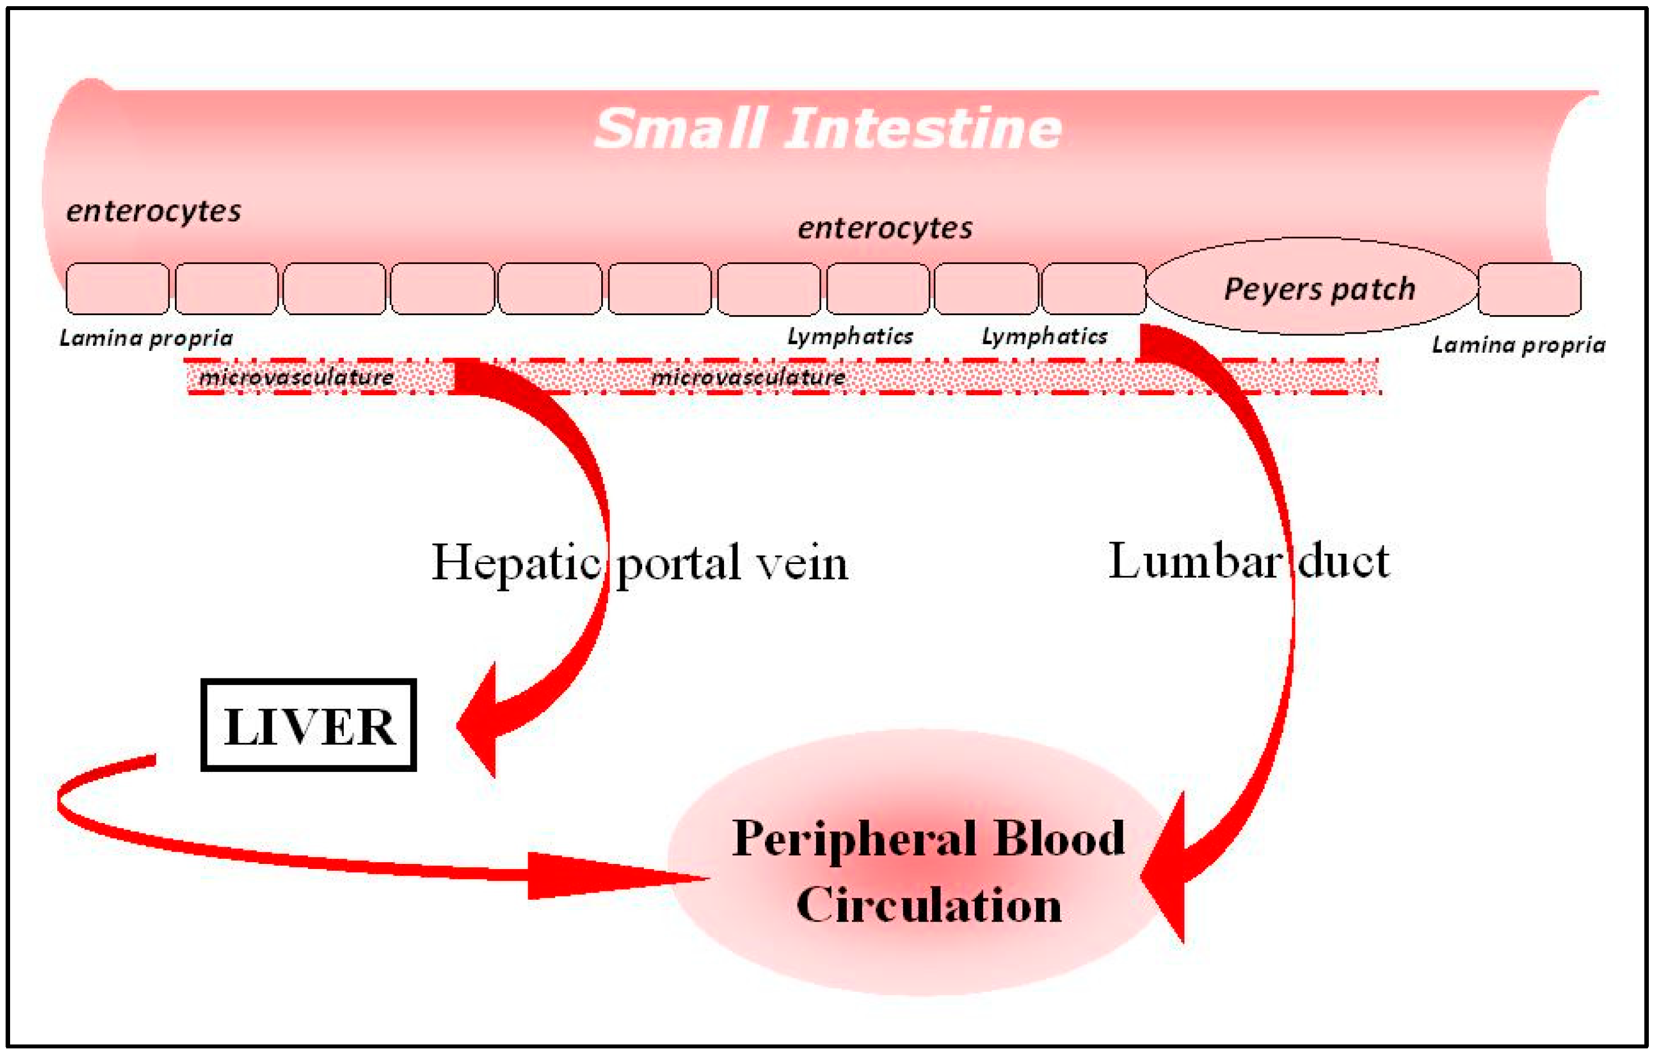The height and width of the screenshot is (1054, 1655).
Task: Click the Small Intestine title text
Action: pyautogui.click(x=828, y=128)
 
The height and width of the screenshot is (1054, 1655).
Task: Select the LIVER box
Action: pyautogui.click(x=308, y=725)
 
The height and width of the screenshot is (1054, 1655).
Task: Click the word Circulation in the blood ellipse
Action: pyautogui.click(x=929, y=905)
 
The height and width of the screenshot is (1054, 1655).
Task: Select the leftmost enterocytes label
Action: pyautogui.click(x=153, y=211)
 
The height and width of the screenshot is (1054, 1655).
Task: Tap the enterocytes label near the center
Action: pyautogui.click(x=884, y=228)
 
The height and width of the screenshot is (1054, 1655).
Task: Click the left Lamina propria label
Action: pyautogui.click(x=146, y=338)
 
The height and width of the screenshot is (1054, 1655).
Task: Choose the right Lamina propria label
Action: pyautogui.click(x=1518, y=345)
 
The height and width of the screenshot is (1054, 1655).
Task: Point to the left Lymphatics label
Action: pyautogui.click(x=850, y=337)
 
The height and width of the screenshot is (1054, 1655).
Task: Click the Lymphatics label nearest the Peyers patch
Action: pyautogui.click(x=1044, y=337)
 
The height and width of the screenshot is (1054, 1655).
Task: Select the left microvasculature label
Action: pyautogui.click(x=296, y=377)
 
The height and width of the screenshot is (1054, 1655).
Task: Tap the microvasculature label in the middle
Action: pyautogui.click(x=748, y=377)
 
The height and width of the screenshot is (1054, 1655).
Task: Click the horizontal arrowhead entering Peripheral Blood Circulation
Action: pyautogui.click(x=605, y=876)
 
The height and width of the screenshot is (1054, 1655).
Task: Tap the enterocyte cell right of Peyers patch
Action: pyautogui.click(x=1529, y=289)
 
